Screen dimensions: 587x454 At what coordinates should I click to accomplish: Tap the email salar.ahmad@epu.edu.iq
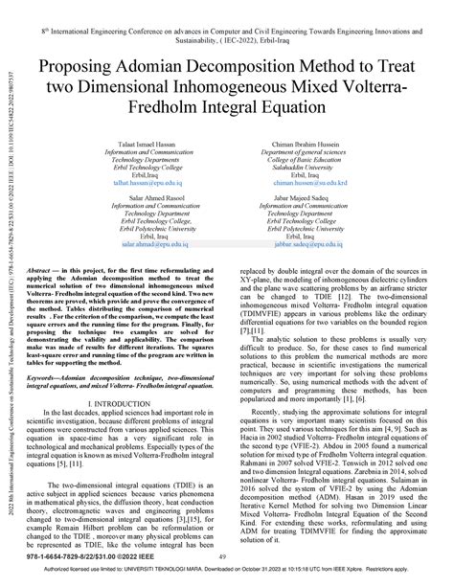pyautogui.click(x=128, y=244)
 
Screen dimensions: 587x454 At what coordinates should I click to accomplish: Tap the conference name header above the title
pyautogui.click(x=226, y=35)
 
